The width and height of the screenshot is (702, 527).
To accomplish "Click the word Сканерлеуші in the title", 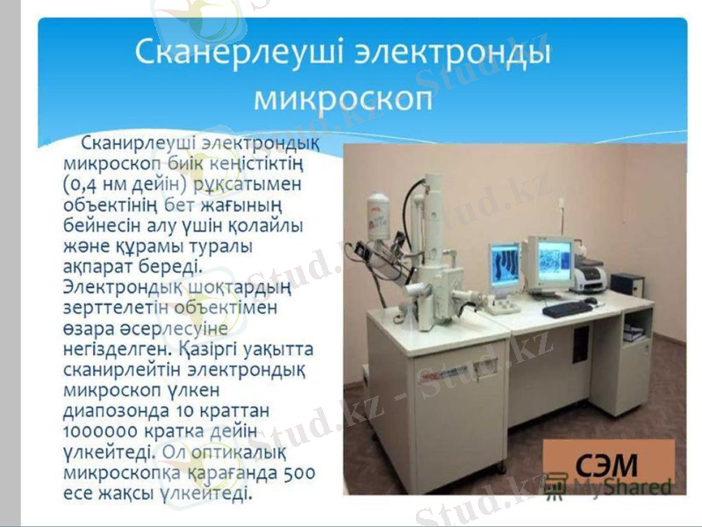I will (239, 51).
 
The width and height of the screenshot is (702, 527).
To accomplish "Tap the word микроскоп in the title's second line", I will (344, 97).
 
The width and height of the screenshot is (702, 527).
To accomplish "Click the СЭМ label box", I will (607, 463).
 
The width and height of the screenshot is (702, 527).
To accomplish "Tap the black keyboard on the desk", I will (566, 308).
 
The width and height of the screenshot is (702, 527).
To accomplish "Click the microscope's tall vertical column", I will (433, 220).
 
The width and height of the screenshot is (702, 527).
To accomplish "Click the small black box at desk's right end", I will (627, 285).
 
